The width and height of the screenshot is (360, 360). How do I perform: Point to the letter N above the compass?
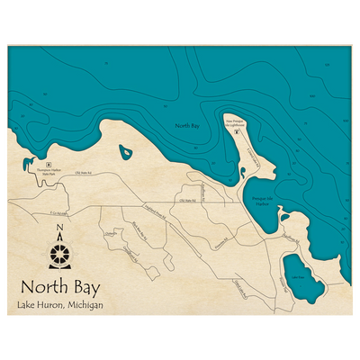(59, 227)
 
